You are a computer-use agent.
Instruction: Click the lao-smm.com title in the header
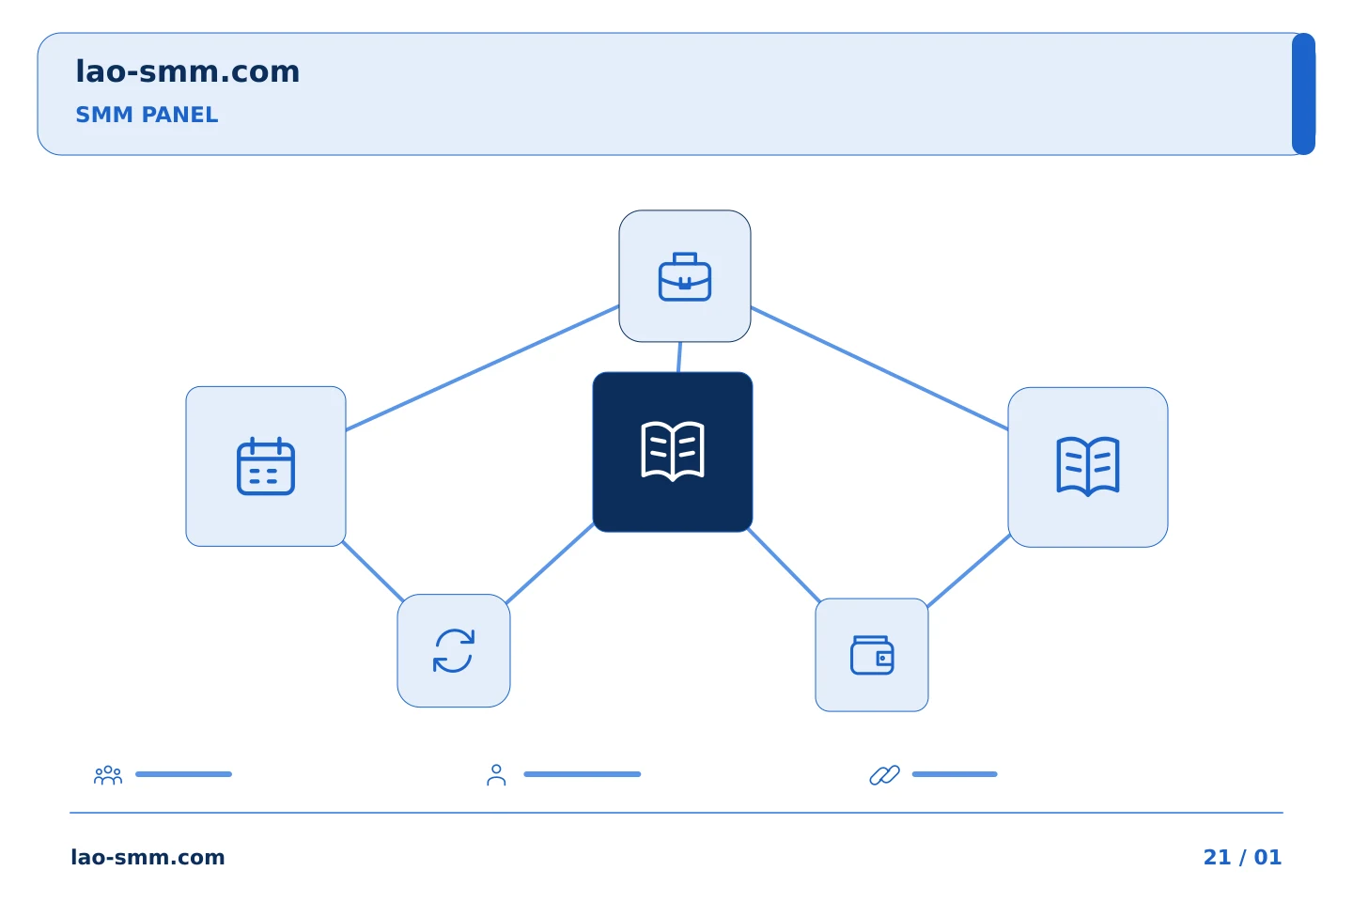187,71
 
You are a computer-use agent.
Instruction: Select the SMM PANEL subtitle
147,115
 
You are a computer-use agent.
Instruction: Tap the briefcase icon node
685,276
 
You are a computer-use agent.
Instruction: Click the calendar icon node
266,466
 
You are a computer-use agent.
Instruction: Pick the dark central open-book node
673,452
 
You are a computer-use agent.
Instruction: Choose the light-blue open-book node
1088,467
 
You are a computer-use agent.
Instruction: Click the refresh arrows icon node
454,651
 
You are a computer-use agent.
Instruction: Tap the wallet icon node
872,655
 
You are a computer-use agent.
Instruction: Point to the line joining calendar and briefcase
482,368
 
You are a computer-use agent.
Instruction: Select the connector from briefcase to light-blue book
879,368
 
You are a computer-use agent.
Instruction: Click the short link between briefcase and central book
679,357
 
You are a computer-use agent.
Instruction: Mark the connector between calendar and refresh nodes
373,571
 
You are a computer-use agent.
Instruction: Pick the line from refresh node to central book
550,564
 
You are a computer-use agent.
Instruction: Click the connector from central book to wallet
784,565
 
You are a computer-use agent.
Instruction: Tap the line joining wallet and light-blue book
968,570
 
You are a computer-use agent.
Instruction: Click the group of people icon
108,775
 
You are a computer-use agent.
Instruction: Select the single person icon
496,775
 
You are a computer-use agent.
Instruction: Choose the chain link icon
884,775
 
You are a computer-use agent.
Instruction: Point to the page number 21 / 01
1242,857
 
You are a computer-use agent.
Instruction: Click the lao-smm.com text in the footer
148,857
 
